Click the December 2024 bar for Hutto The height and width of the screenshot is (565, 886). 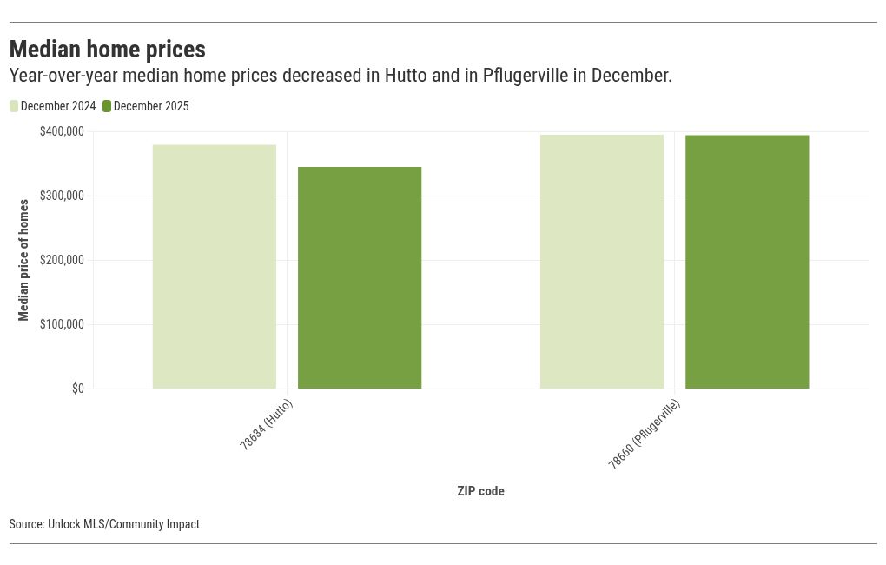(215, 266)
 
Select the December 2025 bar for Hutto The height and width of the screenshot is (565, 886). (360, 277)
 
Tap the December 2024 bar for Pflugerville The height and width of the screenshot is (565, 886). (602, 261)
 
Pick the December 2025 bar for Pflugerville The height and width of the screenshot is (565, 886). (747, 262)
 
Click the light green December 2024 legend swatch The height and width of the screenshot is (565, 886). (14, 106)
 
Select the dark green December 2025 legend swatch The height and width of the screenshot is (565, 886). (107, 106)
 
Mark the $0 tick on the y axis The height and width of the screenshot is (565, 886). (77, 389)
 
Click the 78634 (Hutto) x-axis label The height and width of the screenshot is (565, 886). (266, 424)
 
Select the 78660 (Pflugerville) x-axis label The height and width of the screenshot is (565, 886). (644, 435)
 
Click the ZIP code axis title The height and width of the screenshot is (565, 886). (480, 491)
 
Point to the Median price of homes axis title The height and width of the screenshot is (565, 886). (23, 260)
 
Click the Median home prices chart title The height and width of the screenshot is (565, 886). (108, 49)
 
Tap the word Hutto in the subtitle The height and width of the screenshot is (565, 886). (407, 76)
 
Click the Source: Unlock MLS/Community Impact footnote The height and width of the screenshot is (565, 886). (104, 524)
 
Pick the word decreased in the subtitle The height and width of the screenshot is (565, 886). (318, 76)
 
